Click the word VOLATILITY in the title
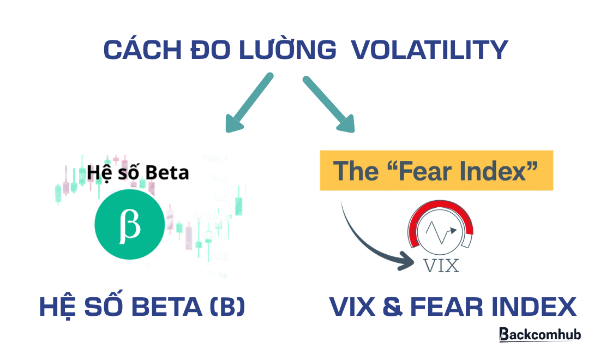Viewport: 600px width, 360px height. click(429, 50)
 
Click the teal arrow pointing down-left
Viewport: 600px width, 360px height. click(248, 104)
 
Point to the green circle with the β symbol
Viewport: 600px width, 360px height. click(129, 225)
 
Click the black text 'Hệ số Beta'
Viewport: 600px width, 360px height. click(137, 173)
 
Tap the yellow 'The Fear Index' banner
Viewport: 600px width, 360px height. click(436, 171)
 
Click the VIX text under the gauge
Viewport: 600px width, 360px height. click(441, 266)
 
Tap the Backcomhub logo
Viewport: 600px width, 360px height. click(539, 334)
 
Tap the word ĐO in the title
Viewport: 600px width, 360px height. click(208, 50)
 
